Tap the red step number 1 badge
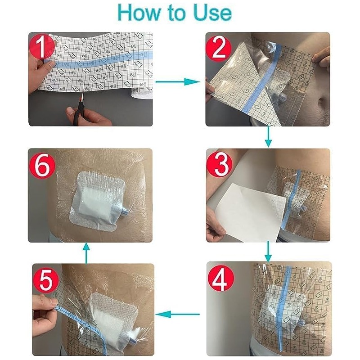[x=42, y=46]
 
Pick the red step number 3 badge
[x=220, y=164]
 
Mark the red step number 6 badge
[x=42, y=165]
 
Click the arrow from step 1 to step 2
[x=178, y=82]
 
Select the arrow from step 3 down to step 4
[x=268, y=251]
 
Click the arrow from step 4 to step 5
[x=178, y=314]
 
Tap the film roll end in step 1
[x=141, y=94]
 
